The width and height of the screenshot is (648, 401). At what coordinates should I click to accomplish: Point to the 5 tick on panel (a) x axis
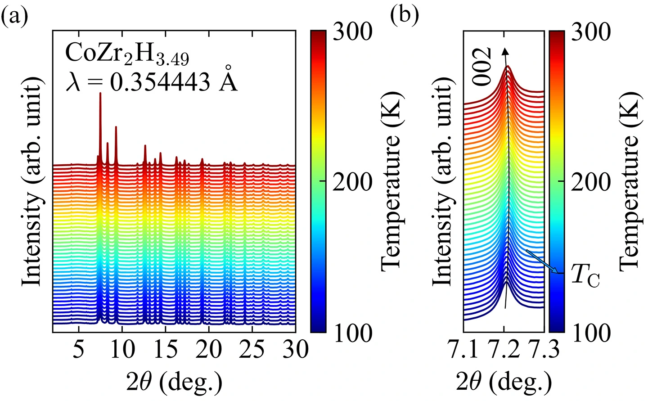point(79,349)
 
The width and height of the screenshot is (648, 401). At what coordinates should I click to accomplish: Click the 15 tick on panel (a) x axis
point(166,349)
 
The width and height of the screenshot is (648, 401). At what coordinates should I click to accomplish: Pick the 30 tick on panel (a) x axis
point(296,349)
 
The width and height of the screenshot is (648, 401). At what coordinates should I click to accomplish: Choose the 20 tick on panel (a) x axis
point(209,349)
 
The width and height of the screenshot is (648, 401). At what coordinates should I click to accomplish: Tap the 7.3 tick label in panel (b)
point(544,350)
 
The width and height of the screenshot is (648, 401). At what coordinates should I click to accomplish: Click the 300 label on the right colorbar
point(590,32)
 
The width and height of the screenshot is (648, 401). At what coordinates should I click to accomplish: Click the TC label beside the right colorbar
point(585,275)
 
